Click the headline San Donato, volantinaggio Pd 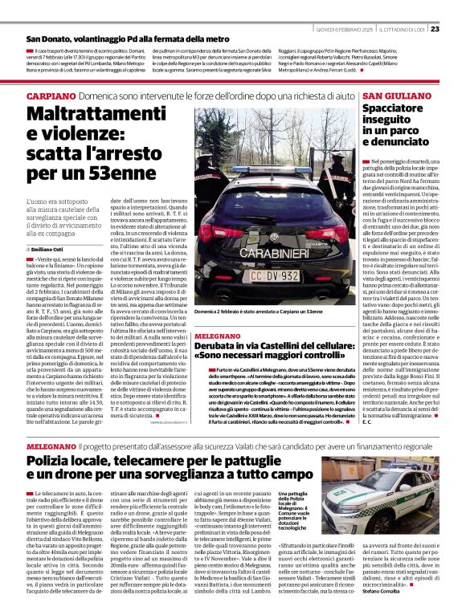coord(117,39)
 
